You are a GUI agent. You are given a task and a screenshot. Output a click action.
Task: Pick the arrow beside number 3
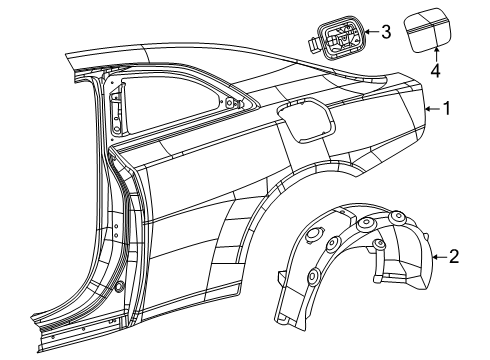[370, 32]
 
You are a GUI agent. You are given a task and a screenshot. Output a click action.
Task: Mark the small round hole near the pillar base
[120, 287]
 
